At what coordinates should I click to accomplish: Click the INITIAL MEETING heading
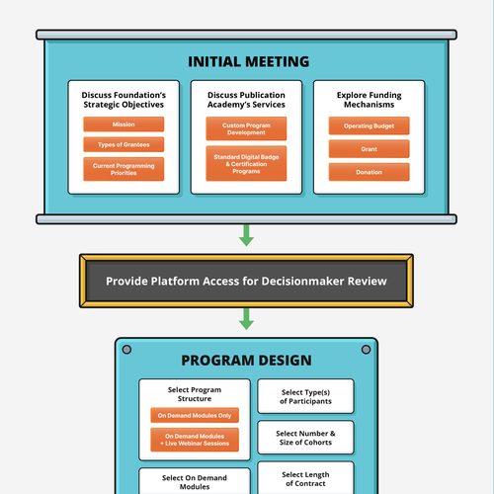247,62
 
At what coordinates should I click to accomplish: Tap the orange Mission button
123,124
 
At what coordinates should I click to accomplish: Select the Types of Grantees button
123,145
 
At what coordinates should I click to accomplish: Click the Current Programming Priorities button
123,168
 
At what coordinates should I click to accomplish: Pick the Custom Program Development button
246,128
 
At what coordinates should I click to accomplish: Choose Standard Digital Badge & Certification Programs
246,163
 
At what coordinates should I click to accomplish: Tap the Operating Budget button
369,126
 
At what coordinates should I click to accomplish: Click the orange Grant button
369,149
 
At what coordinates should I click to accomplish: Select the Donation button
369,172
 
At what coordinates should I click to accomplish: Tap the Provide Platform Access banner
246,282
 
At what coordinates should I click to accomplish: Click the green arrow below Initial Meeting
246,235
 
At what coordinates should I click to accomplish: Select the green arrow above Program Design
246,320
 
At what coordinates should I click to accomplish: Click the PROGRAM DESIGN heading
246,361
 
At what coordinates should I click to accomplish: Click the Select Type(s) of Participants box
305,396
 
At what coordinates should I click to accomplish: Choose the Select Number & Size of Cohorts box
305,438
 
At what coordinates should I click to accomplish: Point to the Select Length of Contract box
305,478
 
